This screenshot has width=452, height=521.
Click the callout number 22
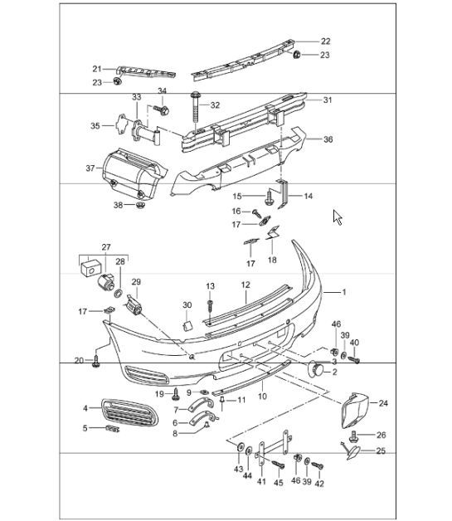[x=325, y=41]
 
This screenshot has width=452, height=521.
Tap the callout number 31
[x=328, y=100]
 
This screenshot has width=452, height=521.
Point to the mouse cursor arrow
[x=338, y=217]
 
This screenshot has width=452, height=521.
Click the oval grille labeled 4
[x=130, y=413]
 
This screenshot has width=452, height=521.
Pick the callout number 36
[x=328, y=139]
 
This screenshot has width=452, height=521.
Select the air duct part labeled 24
[x=354, y=411]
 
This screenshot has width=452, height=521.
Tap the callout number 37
[x=90, y=168]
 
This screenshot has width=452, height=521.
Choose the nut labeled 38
[x=140, y=205]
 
